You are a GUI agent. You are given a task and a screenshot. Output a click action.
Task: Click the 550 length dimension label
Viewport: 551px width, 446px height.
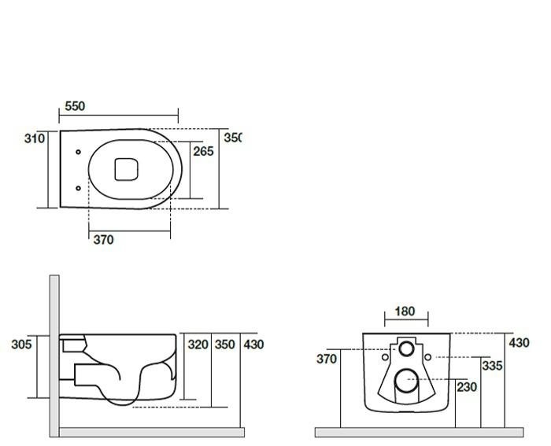[x=75, y=106]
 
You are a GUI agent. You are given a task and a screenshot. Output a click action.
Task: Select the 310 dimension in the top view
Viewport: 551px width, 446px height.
[x=35, y=138]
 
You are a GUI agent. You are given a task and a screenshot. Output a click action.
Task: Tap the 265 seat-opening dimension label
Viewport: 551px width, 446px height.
[x=203, y=151]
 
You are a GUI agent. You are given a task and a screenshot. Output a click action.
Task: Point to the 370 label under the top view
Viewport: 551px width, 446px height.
[x=104, y=240]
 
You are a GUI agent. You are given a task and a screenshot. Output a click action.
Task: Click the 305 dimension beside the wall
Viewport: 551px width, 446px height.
[x=21, y=345]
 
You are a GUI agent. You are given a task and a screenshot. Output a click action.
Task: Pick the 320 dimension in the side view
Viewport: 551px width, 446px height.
[x=198, y=345]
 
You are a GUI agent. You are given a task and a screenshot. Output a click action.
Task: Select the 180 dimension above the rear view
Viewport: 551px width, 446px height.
[x=405, y=311]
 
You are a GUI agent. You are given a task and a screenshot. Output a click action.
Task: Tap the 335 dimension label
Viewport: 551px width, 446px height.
[x=492, y=366]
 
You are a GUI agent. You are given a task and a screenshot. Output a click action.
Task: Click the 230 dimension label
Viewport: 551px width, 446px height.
[x=467, y=387]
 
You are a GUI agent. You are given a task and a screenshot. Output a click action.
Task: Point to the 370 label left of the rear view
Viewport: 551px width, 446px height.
[x=327, y=359]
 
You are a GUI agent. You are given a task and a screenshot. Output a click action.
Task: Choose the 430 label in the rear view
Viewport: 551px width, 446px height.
[x=519, y=343]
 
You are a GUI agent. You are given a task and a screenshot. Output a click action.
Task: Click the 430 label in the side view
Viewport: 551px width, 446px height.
[x=253, y=345]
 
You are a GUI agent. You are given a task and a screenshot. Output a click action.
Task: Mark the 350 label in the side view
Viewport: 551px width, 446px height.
[x=225, y=345]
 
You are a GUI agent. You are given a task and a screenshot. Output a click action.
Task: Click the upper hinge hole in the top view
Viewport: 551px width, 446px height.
[x=79, y=152]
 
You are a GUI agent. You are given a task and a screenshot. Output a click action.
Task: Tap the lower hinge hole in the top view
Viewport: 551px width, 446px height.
[x=79, y=188]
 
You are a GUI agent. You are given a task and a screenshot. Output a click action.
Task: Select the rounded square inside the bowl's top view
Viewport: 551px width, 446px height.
[x=126, y=169]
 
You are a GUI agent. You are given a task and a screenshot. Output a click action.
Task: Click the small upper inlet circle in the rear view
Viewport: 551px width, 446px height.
[x=407, y=348]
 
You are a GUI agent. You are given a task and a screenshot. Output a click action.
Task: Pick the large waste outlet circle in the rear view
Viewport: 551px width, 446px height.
[x=407, y=381]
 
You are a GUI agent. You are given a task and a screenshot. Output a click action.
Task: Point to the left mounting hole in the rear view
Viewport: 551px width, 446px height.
[x=385, y=357]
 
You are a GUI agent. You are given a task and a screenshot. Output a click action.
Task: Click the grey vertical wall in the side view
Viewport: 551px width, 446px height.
[x=54, y=356]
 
